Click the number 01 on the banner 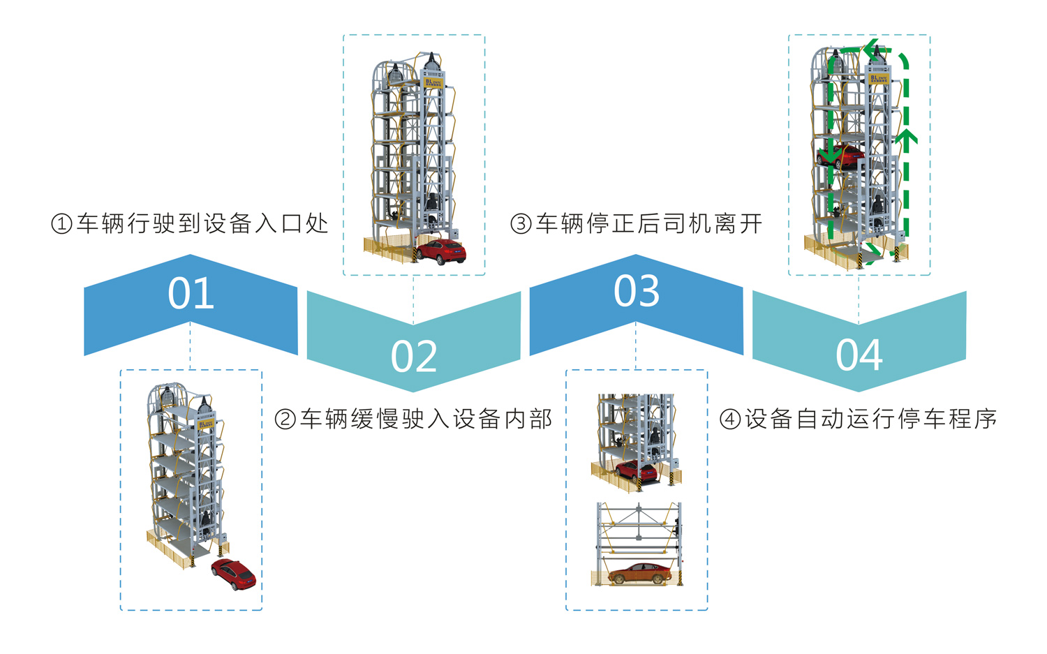tap(191, 293)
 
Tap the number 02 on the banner tap(414, 356)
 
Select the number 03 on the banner tap(636, 291)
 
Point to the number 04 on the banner tap(859, 355)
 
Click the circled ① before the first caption tap(61, 224)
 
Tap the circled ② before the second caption tap(285, 419)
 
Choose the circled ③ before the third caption tap(521, 224)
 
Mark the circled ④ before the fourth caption tap(729, 419)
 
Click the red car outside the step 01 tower tap(235, 574)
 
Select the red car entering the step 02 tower tap(441, 251)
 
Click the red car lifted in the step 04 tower tap(843, 158)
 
